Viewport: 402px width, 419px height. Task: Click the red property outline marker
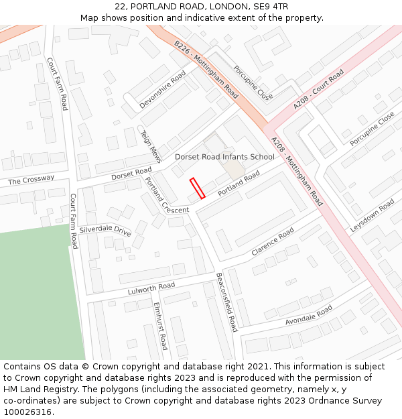pyautogui.click(x=197, y=188)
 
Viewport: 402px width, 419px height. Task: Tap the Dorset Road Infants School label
pyautogui.click(x=224, y=157)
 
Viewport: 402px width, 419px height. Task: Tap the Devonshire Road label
pyautogui.click(x=162, y=91)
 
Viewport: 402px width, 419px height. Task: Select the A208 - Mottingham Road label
pyautogui.click(x=297, y=172)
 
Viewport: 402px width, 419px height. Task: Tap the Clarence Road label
pyautogui.click(x=273, y=242)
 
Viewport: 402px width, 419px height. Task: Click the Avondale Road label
pyautogui.click(x=308, y=316)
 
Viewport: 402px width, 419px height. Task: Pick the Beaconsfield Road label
pyautogui.click(x=226, y=302)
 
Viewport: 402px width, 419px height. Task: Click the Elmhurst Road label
pyautogui.click(x=160, y=326)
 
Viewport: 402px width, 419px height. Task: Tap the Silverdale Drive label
pyautogui.click(x=105, y=230)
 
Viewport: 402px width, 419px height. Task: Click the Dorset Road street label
pyautogui.click(x=131, y=174)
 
